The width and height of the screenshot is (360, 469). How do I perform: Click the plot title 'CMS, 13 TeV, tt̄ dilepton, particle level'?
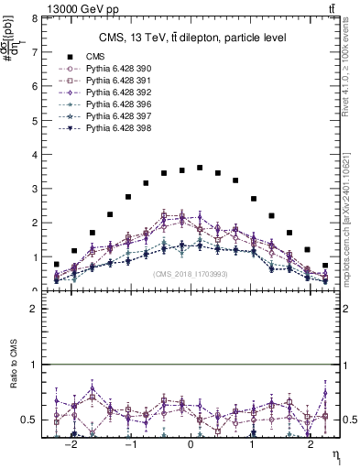click(192, 38)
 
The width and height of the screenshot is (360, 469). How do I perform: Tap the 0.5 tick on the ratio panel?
click(28, 420)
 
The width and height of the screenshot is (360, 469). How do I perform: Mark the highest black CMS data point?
click(200, 168)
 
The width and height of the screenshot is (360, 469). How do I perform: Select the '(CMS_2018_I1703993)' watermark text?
click(190, 274)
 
